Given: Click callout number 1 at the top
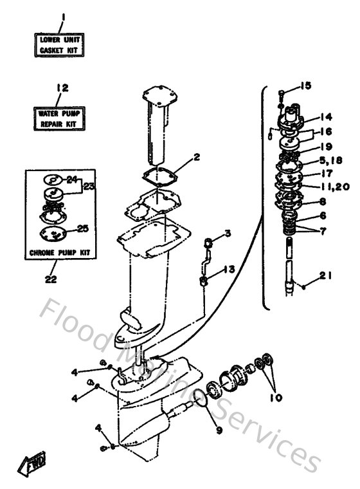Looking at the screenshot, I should click(x=62, y=15).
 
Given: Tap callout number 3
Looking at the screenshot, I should click(x=227, y=232).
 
